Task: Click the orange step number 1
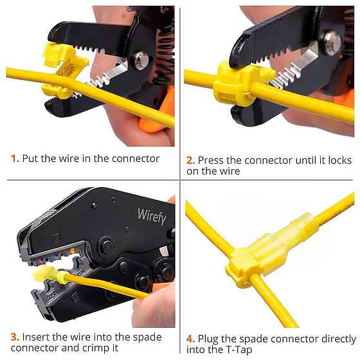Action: click(15, 159)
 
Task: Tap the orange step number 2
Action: click(190, 160)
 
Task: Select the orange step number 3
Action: click(15, 337)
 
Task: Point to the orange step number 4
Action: click(190, 339)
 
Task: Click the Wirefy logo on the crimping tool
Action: click(152, 216)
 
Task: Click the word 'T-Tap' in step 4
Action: click(239, 350)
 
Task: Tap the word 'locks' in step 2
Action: click(340, 160)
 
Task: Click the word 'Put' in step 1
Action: click(30, 159)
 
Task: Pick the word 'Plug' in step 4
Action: click(208, 339)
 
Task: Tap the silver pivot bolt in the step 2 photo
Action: click(333, 44)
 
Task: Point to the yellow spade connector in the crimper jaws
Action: click(50, 274)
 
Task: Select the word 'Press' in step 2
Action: click(211, 160)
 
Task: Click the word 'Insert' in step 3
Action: click(35, 337)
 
